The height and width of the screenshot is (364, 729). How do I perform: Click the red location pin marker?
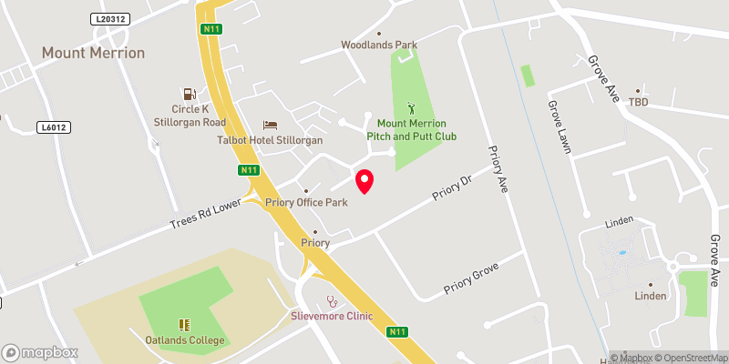(364, 181)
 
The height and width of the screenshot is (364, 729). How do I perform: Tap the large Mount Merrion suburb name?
(93, 53)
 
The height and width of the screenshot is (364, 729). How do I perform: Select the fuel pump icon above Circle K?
(189, 94)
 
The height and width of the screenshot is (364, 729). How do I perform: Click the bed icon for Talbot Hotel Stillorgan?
(270, 125)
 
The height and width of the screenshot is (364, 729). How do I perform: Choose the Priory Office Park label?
(307, 202)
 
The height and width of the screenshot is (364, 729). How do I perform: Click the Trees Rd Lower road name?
(206, 217)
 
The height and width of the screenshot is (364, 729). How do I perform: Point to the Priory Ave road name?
(497, 169)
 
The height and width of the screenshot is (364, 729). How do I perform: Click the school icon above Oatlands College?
(184, 324)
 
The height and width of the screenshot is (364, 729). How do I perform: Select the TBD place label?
(637, 103)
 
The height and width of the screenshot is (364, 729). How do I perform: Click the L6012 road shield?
(52, 127)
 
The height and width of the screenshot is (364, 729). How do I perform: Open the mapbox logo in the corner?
(39, 351)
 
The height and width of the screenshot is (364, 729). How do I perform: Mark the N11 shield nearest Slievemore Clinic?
(396, 332)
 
